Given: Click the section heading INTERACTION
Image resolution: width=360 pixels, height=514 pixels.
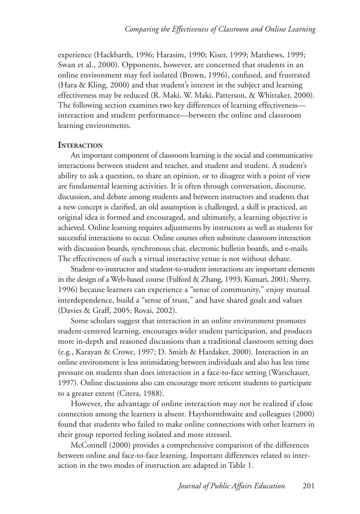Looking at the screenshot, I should click(80, 145).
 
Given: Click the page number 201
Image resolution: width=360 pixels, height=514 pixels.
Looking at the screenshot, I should click(309, 486).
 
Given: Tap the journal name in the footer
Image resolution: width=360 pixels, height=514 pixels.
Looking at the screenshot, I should click(232, 486).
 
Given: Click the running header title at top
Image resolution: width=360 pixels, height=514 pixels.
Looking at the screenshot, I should click(220, 29).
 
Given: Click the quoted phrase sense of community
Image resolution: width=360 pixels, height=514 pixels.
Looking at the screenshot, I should click(221, 290).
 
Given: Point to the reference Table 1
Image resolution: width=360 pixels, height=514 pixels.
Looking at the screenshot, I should click(240, 466).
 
